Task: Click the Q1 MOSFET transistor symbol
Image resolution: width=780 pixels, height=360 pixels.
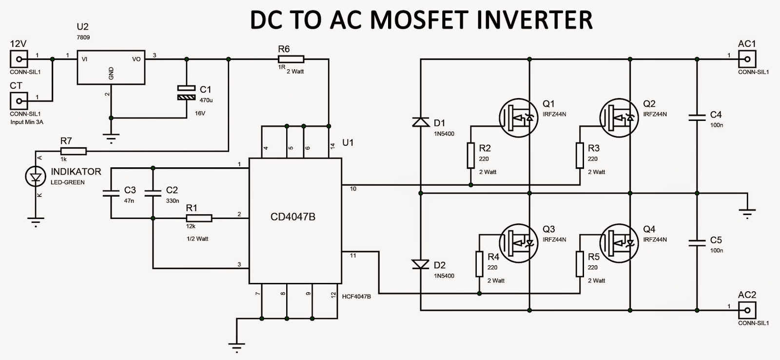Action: click(x=518, y=118)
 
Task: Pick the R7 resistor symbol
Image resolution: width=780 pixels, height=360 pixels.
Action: click(x=74, y=151)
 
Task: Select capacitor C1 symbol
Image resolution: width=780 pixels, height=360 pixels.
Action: click(x=186, y=93)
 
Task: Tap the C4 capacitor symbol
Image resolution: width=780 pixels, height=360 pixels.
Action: click(x=697, y=117)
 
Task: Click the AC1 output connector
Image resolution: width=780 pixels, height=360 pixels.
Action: click(x=747, y=60)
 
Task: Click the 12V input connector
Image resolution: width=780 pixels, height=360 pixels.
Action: click(x=19, y=60)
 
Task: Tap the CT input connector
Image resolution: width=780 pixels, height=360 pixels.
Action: click(x=19, y=101)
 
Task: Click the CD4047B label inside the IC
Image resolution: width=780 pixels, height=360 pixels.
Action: click(x=292, y=217)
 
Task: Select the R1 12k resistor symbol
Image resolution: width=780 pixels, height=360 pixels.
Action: click(x=199, y=218)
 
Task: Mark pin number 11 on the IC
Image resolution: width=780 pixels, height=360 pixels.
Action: click(x=353, y=256)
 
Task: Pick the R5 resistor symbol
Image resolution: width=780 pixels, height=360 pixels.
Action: click(x=580, y=264)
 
